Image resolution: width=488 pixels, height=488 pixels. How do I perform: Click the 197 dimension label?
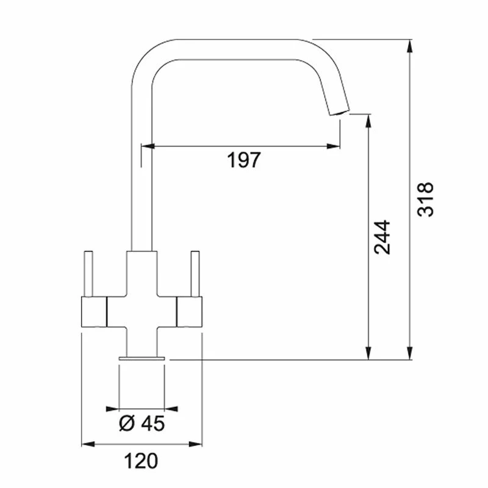243,160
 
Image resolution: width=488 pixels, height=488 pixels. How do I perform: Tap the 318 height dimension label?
425,199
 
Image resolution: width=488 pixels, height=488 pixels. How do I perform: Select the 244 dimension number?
382,237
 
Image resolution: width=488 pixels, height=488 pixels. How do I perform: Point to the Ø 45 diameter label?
142,423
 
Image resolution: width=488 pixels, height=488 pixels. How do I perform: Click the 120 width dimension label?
141,461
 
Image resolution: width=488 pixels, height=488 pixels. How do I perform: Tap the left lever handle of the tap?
88,273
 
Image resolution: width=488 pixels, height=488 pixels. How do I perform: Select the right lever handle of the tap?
195,273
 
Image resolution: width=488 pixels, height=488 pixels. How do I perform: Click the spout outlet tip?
340,112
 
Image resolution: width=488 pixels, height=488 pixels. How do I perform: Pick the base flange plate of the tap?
142,358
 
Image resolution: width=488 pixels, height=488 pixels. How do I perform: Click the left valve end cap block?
94,312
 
